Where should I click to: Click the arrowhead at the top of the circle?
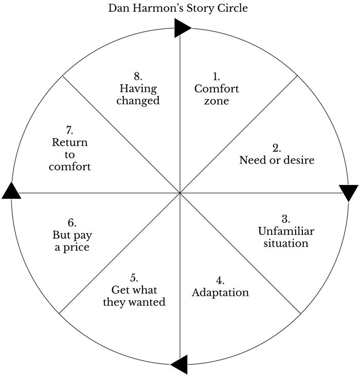click(x=183, y=28)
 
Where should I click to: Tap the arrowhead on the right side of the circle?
click(x=349, y=193)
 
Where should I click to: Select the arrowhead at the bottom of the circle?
click(x=178, y=365)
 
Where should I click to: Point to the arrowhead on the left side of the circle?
click(x=11, y=191)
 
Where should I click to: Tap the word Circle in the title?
click(x=233, y=8)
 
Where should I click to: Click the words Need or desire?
click(x=277, y=160)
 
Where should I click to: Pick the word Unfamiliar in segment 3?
click(x=285, y=231)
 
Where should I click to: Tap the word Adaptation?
click(x=220, y=293)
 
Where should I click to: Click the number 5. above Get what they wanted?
click(x=134, y=278)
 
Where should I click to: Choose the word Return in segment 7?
click(x=69, y=142)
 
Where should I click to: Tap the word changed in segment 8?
click(x=137, y=100)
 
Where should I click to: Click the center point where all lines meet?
click(x=179, y=193)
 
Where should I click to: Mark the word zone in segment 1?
click(x=216, y=101)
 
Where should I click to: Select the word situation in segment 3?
click(x=285, y=243)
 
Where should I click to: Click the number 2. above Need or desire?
click(x=277, y=148)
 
